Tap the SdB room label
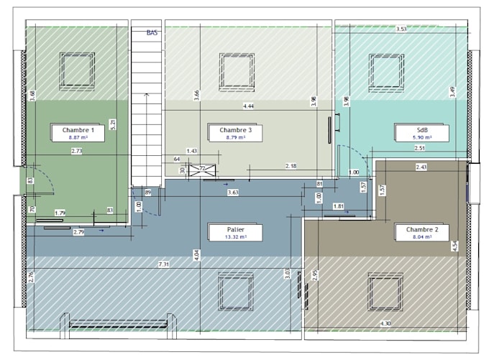coord(421,132)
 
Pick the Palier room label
coord(235,232)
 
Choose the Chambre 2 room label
coord(421,232)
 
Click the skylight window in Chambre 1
coord(75,70)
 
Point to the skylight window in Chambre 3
coord(236,70)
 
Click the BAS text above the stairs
coord(152,32)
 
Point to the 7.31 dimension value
coord(164,265)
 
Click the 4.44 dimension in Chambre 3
coord(249,106)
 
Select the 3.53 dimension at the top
coord(402,29)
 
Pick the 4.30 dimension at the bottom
coord(385,324)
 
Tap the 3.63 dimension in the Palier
coord(232,193)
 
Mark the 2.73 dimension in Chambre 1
coord(77,151)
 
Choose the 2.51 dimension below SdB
coord(419,148)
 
